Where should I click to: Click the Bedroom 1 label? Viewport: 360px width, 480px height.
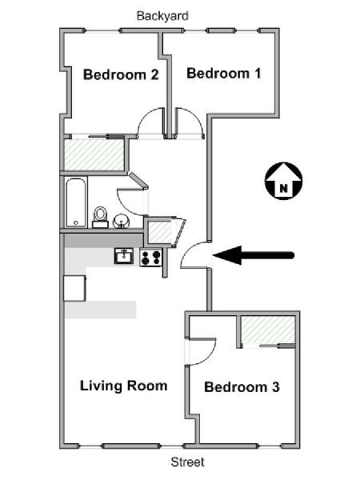pos(224,74)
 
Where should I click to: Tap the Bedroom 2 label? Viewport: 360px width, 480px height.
pos(121,74)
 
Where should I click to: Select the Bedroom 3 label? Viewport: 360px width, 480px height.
pos(242,387)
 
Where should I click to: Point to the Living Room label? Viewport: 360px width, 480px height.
pos(124,386)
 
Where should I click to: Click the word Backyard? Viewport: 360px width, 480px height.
pos(162,16)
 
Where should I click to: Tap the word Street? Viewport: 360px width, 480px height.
pos(188,462)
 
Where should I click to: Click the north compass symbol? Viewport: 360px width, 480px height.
pos(283,181)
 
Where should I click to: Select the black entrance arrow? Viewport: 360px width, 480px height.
pos(254,255)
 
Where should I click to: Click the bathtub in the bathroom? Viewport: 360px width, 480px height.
pos(76,202)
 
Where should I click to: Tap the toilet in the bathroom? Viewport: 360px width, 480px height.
pos(100,217)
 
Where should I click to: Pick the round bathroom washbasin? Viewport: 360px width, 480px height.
pos(121,221)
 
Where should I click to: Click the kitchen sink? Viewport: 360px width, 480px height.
pos(124,256)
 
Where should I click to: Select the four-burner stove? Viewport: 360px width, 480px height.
pos(151,257)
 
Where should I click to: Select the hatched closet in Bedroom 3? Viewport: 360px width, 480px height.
pos(268,330)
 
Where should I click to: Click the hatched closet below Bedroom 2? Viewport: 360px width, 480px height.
pos(94,155)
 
